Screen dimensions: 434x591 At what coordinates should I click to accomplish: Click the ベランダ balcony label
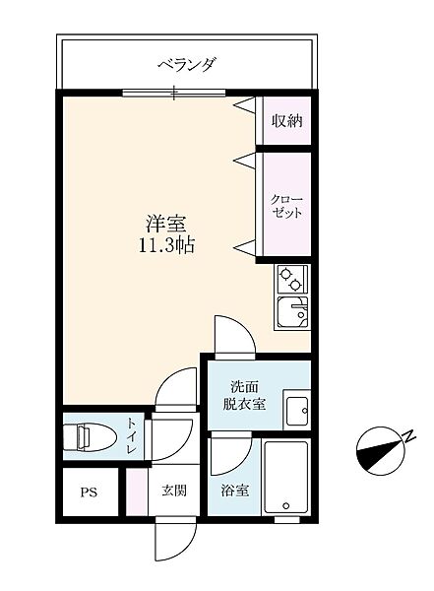pyautogui.click(x=187, y=64)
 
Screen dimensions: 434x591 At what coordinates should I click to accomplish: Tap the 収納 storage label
pyautogui.click(x=287, y=120)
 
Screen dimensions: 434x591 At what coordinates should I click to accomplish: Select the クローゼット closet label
pyautogui.click(x=287, y=206)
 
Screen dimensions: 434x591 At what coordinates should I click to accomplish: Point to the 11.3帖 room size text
pyautogui.click(x=166, y=245)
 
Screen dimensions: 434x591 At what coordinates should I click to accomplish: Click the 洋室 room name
pyautogui.click(x=166, y=224)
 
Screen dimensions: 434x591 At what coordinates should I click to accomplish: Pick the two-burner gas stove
pyautogui.click(x=292, y=279)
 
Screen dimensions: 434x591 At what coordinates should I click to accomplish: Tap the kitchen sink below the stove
pyautogui.click(x=292, y=312)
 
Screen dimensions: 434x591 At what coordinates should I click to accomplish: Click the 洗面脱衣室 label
pyautogui.click(x=244, y=395)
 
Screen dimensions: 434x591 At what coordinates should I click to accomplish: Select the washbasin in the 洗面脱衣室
pyautogui.click(x=297, y=411)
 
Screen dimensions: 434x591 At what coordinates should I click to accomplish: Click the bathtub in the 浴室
pyautogui.click(x=286, y=478)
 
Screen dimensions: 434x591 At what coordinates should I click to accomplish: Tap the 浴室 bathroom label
pyautogui.click(x=234, y=491)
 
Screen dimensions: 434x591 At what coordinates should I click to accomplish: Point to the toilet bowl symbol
pyautogui.click(x=89, y=437)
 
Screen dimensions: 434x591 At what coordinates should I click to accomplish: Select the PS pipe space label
pyautogui.click(x=89, y=492)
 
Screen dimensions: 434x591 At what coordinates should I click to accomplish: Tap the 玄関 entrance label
pyautogui.click(x=174, y=491)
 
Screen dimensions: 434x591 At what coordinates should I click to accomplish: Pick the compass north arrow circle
pyautogui.click(x=379, y=451)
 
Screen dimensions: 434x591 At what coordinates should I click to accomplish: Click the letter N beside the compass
pyautogui.click(x=409, y=436)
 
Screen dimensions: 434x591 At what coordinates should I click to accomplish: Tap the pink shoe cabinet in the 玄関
pyautogui.click(x=137, y=492)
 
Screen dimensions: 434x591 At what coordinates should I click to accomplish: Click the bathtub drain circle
pyautogui.click(x=286, y=505)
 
